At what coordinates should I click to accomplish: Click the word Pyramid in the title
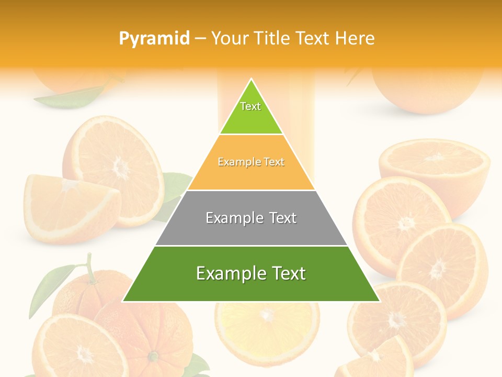point(154,38)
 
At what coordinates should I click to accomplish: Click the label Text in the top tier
point(250,106)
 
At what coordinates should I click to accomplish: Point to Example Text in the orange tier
point(251,162)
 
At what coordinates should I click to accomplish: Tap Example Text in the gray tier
point(251,218)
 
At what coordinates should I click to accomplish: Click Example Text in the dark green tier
point(251,273)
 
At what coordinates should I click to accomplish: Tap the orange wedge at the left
point(68,207)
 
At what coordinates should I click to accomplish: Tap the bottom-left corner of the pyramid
point(124,301)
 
